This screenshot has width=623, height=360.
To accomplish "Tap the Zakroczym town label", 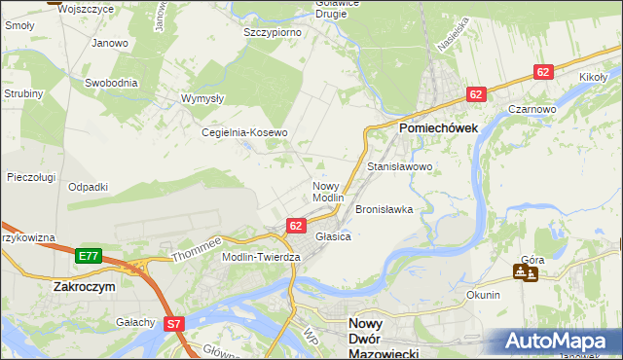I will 85,288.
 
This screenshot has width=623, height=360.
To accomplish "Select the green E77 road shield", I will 89,256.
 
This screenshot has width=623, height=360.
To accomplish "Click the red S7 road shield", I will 174,323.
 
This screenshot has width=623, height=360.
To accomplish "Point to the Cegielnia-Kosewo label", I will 244,132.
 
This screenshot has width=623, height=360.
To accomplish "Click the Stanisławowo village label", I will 399,167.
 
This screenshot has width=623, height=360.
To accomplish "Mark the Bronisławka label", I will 385,209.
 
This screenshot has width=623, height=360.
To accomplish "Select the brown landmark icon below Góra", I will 522,272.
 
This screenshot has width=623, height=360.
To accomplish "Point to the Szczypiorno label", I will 272,32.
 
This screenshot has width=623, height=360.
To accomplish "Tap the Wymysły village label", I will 203,98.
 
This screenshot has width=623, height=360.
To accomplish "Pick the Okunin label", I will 484,295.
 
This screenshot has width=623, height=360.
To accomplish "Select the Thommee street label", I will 198,249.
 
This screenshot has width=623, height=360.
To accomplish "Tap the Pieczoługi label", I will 30,177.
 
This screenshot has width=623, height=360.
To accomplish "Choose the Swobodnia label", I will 110,84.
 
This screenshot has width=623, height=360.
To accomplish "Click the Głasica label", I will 332,236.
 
